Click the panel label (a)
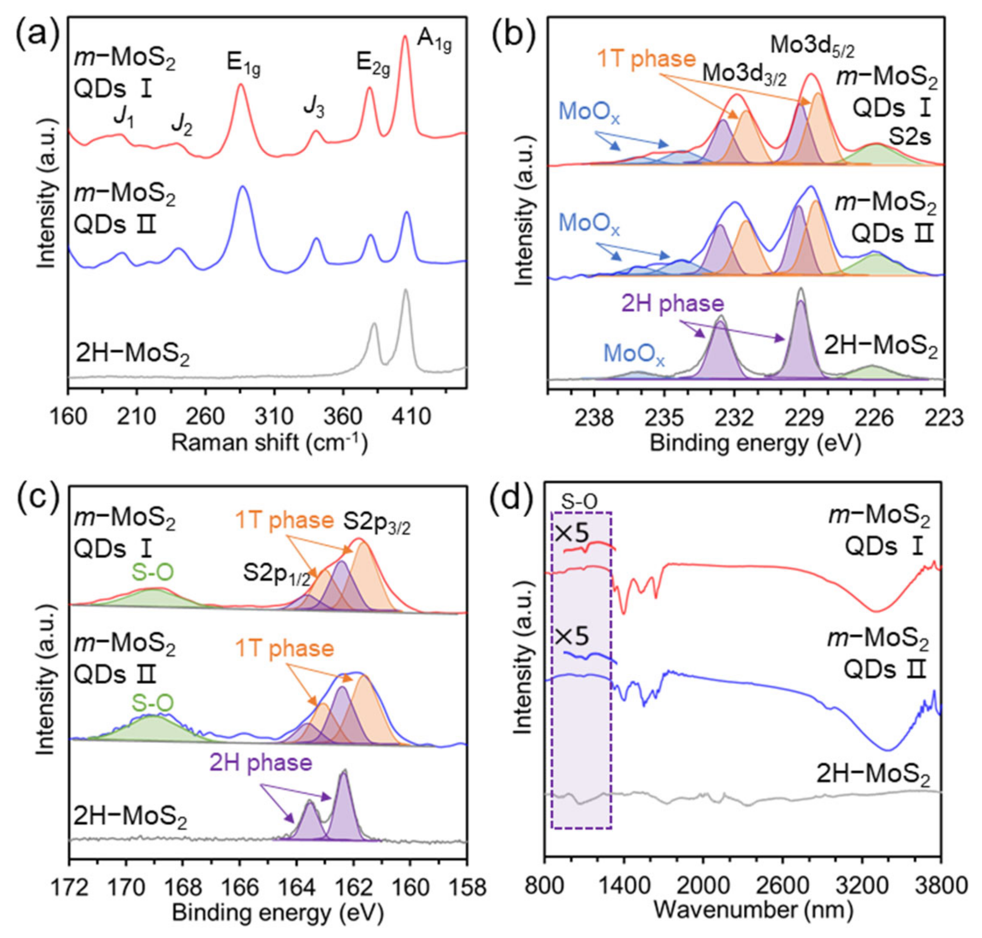(38, 38)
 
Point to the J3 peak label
(314, 108)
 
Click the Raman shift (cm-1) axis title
(269, 443)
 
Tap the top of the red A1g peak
(405, 37)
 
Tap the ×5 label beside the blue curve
(572, 638)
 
